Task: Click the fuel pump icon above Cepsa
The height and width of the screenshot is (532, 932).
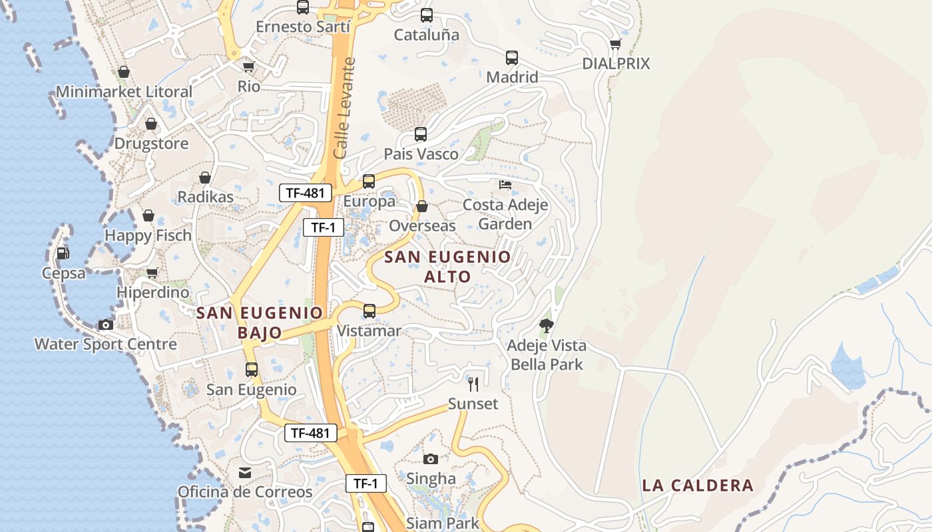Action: coord(63,253)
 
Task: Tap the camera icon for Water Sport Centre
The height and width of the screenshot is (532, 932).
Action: coord(105,325)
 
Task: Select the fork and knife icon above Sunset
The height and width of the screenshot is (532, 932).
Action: coord(473,384)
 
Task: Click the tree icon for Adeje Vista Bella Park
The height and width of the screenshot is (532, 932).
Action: coord(547,325)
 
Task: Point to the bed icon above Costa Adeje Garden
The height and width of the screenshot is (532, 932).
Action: coord(505,184)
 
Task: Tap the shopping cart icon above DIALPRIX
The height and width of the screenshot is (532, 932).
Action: coord(615,44)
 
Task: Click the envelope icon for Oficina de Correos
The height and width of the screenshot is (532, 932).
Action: coord(245,472)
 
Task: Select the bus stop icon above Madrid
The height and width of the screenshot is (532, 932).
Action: coord(511,57)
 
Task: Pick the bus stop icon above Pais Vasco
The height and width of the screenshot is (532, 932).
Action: coord(421,134)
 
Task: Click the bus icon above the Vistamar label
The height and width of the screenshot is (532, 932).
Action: coord(369,311)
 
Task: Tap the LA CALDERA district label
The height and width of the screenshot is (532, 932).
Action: coord(698,485)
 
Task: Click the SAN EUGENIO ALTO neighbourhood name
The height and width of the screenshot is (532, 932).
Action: coord(448,266)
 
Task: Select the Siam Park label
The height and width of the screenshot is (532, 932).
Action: coord(443,523)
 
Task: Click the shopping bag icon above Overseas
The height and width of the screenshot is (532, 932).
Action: coord(421,206)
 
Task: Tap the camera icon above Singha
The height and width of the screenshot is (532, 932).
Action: coord(431,459)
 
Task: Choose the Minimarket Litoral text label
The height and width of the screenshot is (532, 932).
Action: coord(124,92)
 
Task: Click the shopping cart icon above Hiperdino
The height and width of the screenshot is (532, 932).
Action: coord(152,273)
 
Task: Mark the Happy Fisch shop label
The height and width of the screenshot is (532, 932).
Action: coord(148,235)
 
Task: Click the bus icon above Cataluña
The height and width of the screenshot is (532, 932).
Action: coord(427,15)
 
